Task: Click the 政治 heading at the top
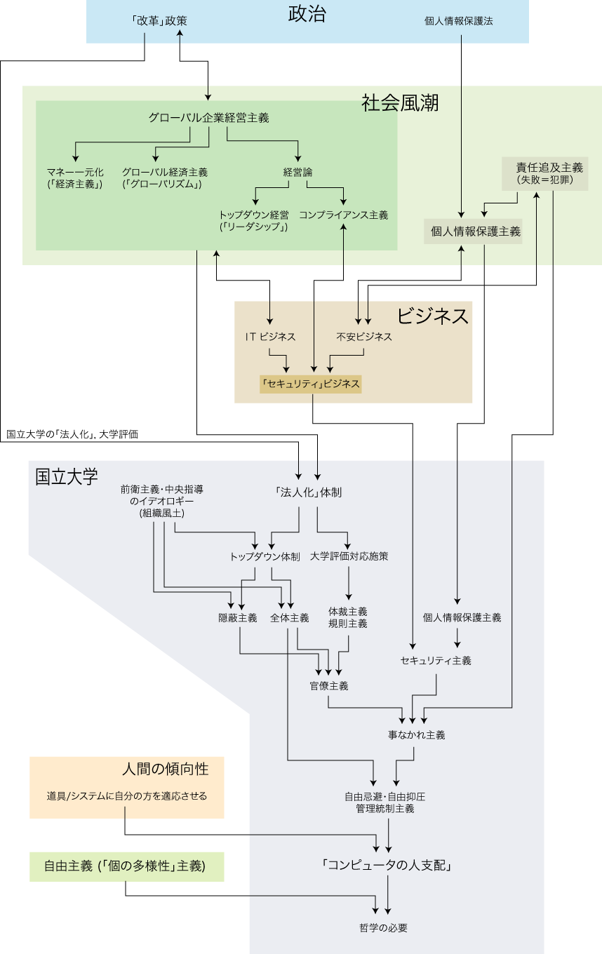pos(307,15)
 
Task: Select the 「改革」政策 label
pos(159,21)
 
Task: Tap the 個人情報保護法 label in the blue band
pos(459,21)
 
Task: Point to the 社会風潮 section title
pos(400,103)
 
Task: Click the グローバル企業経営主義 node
pos(208,118)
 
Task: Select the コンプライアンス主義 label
pos(343,215)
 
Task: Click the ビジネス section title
pos(432,316)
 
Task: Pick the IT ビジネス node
pos(270,337)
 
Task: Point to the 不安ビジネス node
pos(363,337)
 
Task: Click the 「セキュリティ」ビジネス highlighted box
pos(310,384)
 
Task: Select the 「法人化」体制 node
pos(309,492)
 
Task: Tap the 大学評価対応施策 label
pos(349,556)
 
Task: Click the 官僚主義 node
pos(329,685)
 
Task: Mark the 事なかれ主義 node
pos(416,735)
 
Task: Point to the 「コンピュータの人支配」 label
pos(387,865)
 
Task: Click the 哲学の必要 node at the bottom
pos(383,927)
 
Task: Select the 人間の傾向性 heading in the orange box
pos(165,769)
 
